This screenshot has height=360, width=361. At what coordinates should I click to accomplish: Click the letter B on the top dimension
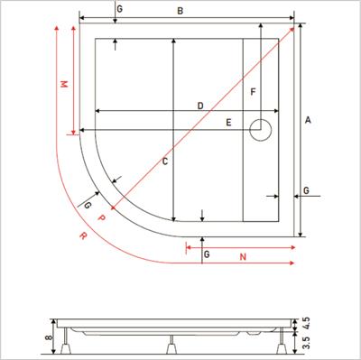[x=180, y=11]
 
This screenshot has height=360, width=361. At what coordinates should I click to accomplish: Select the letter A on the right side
[x=309, y=119]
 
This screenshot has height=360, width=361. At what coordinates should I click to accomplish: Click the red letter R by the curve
[x=83, y=237]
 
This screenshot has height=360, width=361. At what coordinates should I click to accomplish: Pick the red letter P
[x=101, y=217]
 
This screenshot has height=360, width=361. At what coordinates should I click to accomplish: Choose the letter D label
[x=199, y=106]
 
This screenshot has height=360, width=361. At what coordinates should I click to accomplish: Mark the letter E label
[x=228, y=122]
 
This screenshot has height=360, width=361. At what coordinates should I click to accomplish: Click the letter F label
[x=254, y=93]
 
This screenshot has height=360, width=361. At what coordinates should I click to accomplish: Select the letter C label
[x=164, y=162]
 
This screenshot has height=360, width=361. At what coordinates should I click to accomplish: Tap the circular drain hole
[x=262, y=131]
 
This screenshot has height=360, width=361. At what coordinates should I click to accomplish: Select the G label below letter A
[x=307, y=191]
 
